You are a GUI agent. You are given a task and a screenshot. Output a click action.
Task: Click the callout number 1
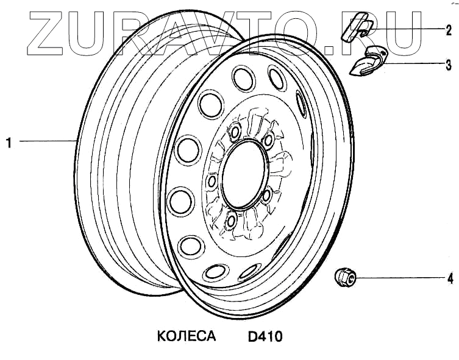pos(10,143)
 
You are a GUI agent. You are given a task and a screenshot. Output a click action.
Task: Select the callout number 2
pos(449,30)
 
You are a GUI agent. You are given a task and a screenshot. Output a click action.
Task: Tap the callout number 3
pos(449,65)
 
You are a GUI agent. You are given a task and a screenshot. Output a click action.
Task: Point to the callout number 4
pos(450,278)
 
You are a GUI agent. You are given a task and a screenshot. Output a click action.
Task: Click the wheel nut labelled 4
pos(345,276)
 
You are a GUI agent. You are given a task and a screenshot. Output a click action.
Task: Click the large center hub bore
pos(244,174)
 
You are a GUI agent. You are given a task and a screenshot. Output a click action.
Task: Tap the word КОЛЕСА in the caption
pos(187,336)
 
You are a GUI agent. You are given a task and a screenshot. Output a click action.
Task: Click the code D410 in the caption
pos(265,337)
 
